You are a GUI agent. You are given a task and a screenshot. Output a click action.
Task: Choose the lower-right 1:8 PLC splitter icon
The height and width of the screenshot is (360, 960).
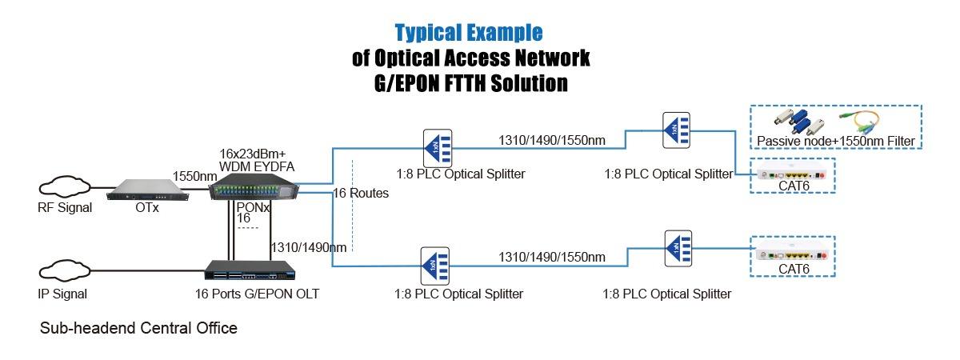click(x=678, y=247)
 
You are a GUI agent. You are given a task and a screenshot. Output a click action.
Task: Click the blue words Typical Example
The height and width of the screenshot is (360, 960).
click(x=470, y=33)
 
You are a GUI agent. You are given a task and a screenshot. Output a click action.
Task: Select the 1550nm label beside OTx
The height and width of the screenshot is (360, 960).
click(x=194, y=175)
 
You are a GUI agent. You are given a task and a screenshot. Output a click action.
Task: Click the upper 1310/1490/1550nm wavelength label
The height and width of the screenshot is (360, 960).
click(x=552, y=141)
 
